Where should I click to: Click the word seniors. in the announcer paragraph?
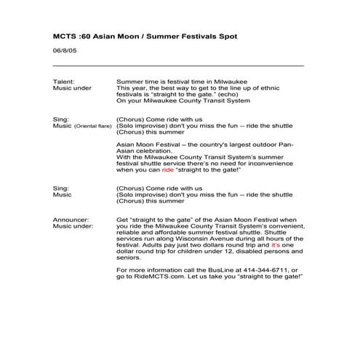[129, 256]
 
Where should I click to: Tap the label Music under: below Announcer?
[73, 227]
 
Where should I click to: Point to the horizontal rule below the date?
[178, 65]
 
